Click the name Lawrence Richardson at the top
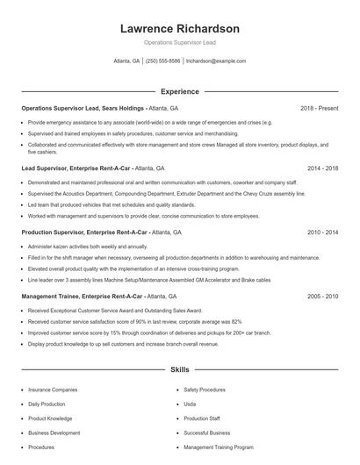click(x=179, y=29)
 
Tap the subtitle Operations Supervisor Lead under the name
click(x=179, y=42)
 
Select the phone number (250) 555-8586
click(x=162, y=61)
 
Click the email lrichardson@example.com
click(x=216, y=61)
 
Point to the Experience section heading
click(x=179, y=91)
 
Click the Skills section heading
click(x=179, y=371)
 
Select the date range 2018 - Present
click(x=319, y=108)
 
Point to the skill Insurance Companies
click(x=53, y=389)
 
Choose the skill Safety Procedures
click(x=205, y=389)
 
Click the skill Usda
click(x=190, y=404)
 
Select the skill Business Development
click(x=54, y=433)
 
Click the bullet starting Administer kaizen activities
click(x=79, y=247)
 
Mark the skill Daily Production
click(x=47, y=404)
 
